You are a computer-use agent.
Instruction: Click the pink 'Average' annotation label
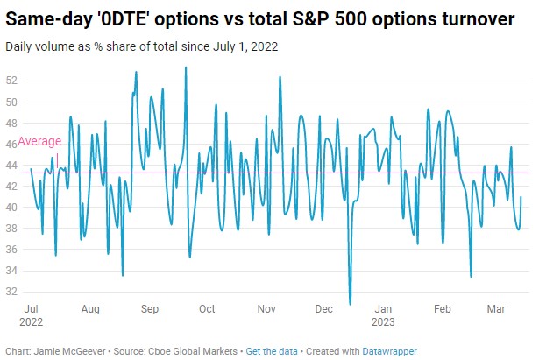pos(39,142)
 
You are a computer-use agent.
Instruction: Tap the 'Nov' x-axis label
pos(266,309)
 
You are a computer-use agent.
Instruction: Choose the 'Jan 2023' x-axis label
pos(383,315)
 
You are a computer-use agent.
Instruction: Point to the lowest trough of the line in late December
pos(350,304)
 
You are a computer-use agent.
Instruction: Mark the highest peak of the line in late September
pos(186,67)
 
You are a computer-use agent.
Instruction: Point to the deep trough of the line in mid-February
pos(472,277)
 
